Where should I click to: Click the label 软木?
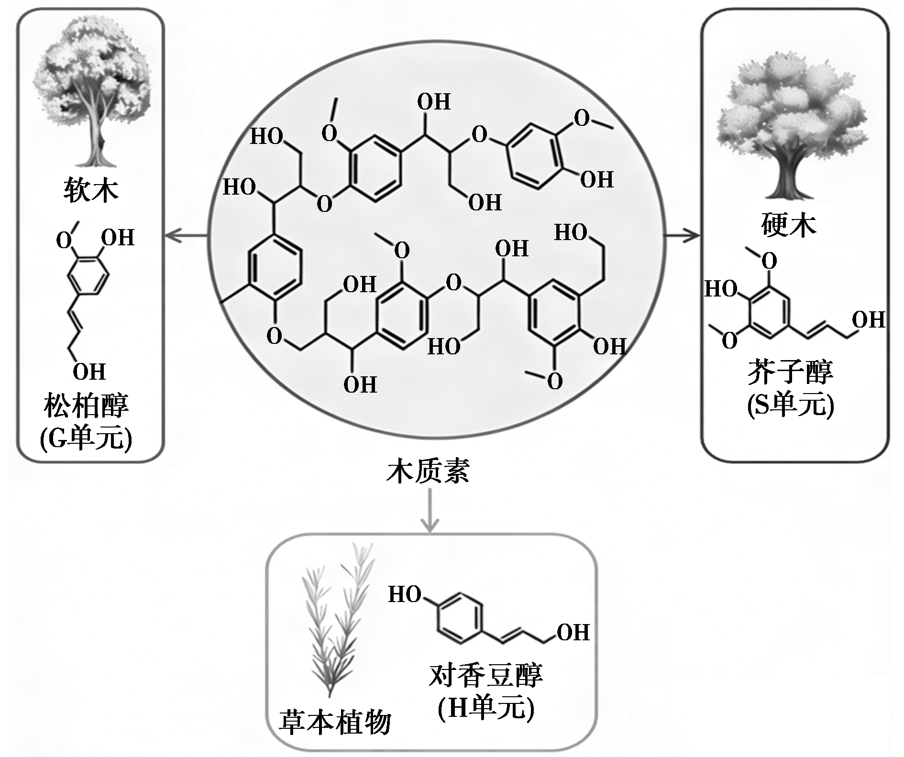point(91,191)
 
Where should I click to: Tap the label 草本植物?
point(335,723)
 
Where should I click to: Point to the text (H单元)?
point(485,708)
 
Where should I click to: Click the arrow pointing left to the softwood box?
point(187,235)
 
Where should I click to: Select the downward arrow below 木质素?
point(430,512)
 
